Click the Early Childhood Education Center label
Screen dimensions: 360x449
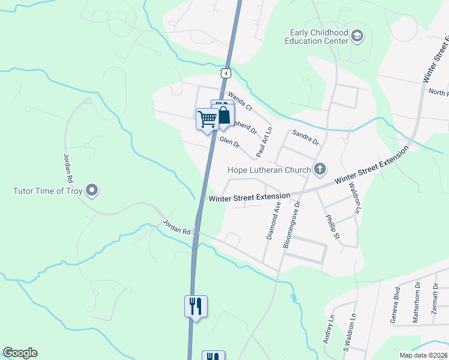click(318, 37)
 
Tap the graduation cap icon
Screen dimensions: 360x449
click(358, 37)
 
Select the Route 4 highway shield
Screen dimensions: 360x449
click(224, 73)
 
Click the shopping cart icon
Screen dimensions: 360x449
click(207, 118)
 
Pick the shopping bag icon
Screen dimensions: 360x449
click(224, 115)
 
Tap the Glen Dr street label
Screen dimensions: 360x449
click(229, 143)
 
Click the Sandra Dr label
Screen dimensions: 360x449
click(306, 137)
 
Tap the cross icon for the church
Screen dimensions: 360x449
click(320, 170)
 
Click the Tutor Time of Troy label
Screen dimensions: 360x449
click(47, 191)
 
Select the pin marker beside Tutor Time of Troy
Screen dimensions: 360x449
click(92, 191)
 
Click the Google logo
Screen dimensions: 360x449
click(20, 353)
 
